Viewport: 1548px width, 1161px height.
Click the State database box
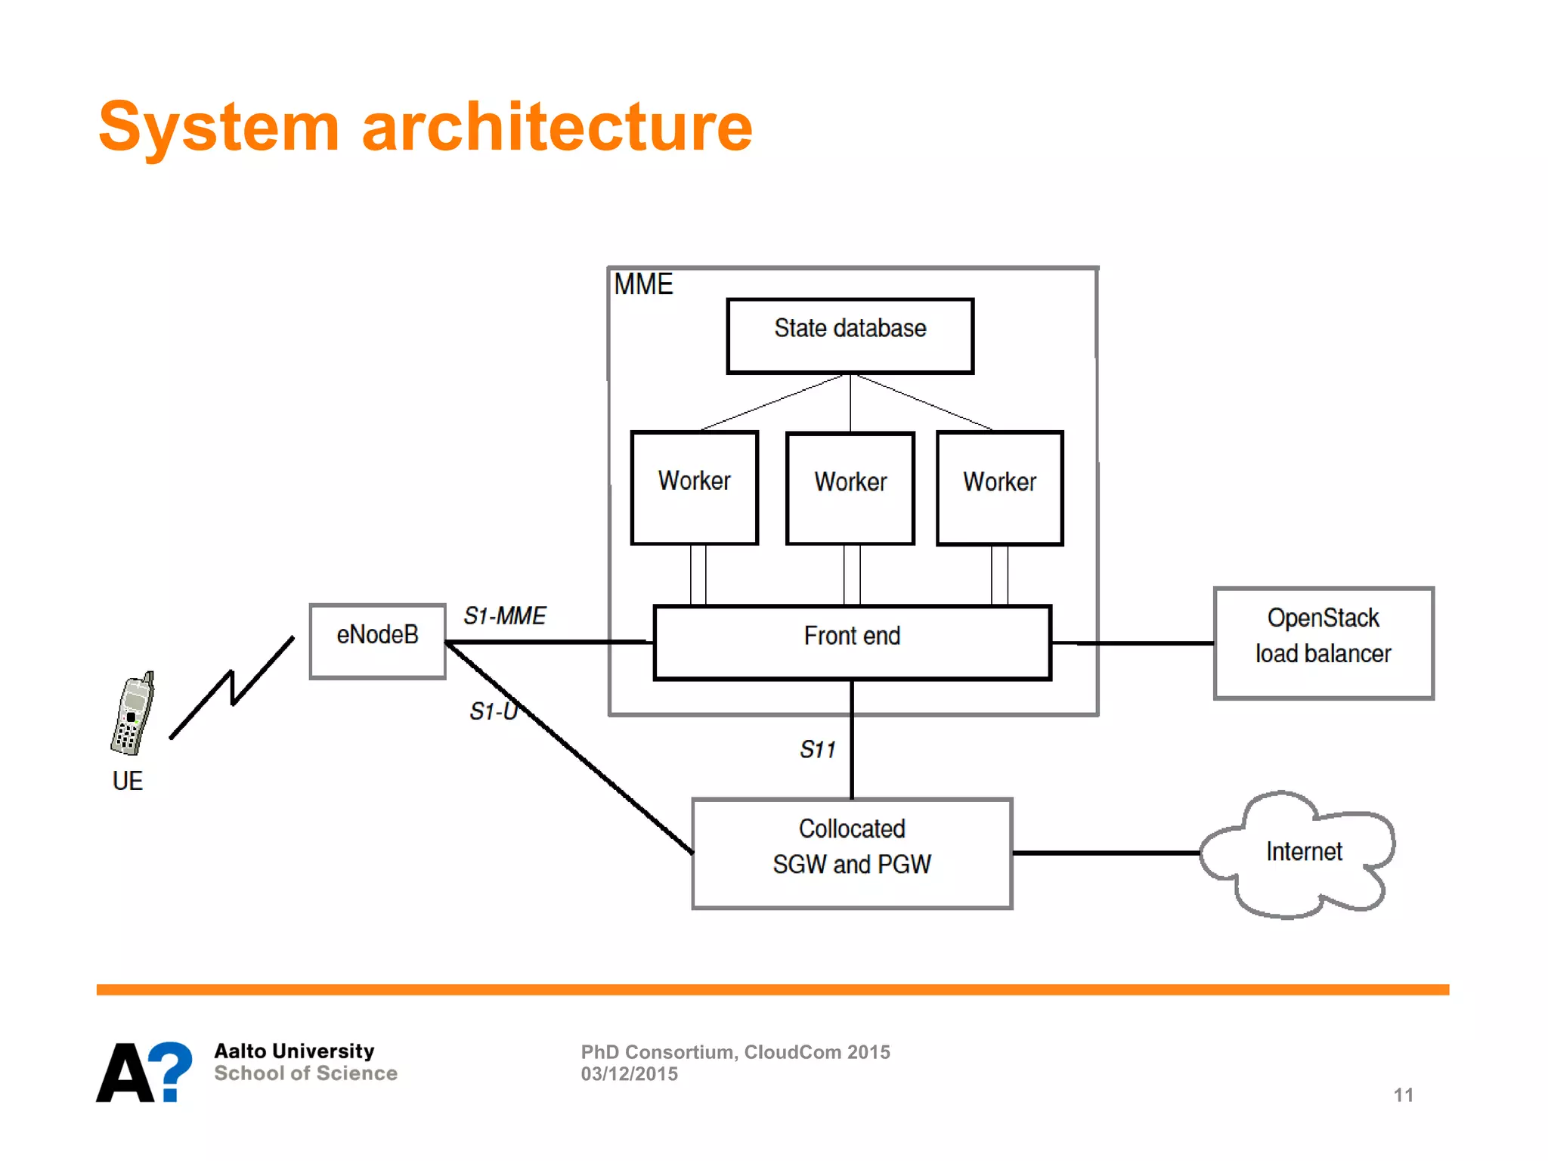(x=850, y=336)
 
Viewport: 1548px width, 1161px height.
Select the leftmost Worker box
(x=694, y=488)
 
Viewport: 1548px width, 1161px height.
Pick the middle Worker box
(x=850, y=488)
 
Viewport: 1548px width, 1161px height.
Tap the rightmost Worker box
(x=999, y=488)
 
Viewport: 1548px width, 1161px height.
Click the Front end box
(x=852, y=642)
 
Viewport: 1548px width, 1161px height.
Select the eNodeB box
(x=377, y=641)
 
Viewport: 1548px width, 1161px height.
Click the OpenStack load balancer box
(x=1323, y=642)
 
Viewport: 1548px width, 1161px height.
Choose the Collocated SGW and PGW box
(x=852, y=853)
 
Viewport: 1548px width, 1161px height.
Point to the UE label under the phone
(x=127, y=781)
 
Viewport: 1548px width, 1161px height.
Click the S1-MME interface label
(x=504, y=616)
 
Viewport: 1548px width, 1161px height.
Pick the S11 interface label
(x=817, y=750)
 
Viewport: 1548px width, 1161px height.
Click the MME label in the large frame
(x=642, y=285)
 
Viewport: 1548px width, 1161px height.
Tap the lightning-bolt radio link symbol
(x=232, y=688)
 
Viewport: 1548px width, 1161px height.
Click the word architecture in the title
(x=557, y=127)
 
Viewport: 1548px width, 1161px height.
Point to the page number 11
(x=1403, y=1094)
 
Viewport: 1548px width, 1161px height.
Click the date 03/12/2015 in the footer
(x=629, y=1074)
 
